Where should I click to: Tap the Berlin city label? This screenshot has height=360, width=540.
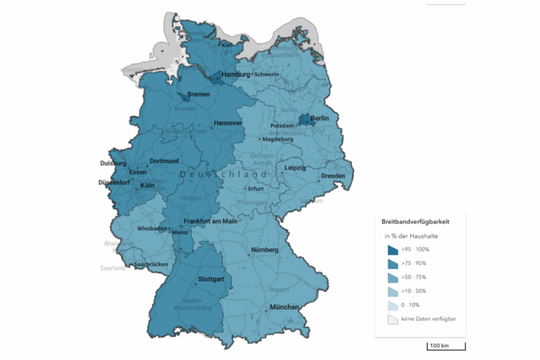pos(320,119)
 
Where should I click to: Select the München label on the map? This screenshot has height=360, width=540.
pos(284,308)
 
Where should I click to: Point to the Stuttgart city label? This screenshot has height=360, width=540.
pos(210,279)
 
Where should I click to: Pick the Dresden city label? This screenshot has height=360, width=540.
pos(333,176)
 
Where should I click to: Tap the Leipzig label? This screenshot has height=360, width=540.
pos(296,167)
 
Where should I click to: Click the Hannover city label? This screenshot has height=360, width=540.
pos(228,123)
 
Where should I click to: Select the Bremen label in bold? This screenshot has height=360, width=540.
pos(198,94)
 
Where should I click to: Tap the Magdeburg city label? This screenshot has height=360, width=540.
pos(278,139)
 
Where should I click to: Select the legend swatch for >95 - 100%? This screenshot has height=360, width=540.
pos(392,250)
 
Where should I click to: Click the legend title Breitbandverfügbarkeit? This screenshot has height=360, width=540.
pos(415,221)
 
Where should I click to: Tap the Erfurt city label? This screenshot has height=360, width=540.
pos(256,189)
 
